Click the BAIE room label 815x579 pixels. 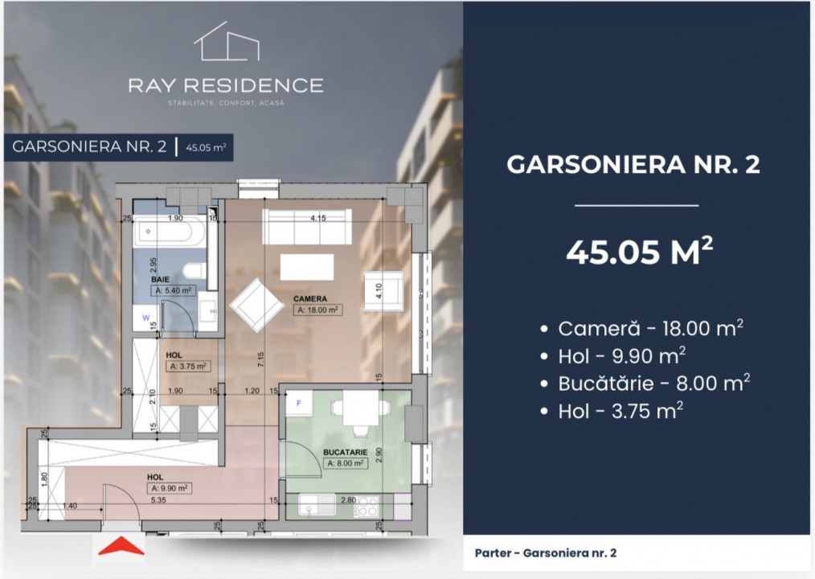tap(164, 281)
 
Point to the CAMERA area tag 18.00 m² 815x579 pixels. tap(317, 309)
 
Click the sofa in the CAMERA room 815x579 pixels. tap(308, 228)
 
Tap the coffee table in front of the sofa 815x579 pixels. tap(306, 266)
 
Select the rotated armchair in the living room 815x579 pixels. tap(256, 305)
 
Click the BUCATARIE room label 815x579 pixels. tap(346, 453)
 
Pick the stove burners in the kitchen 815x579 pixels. tap(367, 507)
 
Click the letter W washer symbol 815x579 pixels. tap(145, 318)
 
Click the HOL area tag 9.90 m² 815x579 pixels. tap(168, 487)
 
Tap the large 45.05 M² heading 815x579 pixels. tap(639, 252)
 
